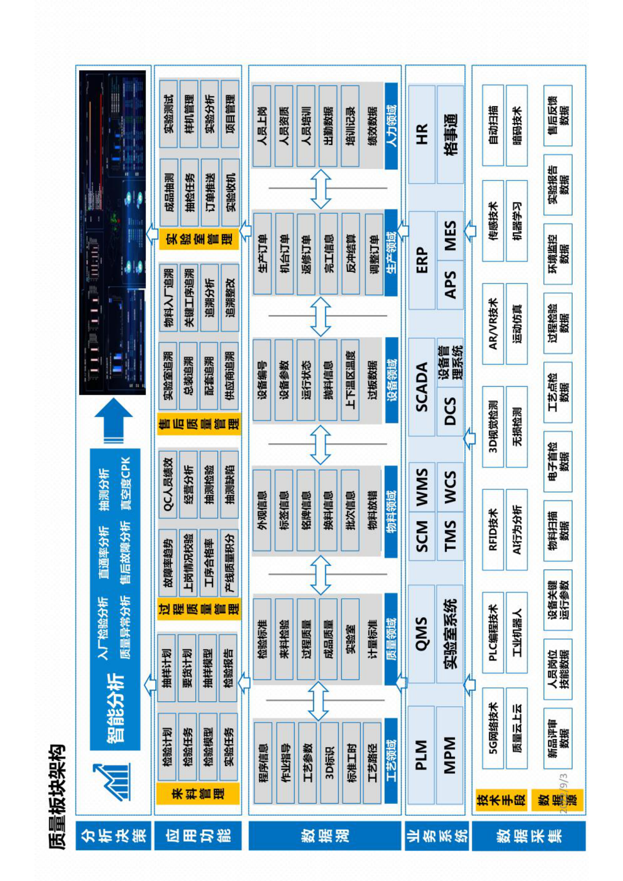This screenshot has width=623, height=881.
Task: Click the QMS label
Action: (421, 633)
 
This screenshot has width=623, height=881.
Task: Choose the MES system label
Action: (450, 236)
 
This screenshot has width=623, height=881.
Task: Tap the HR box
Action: (421, 134)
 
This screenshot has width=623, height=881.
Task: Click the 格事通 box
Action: (450, 134)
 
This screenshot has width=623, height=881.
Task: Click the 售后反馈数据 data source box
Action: (558, 115)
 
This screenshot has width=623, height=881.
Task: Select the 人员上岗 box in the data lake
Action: (262, 126)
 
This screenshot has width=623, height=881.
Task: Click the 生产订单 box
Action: (262, 253)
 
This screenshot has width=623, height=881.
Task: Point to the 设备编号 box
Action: (262, 380)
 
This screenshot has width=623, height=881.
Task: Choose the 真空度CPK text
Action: (126, 483)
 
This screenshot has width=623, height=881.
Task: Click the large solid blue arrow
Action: (114, 420)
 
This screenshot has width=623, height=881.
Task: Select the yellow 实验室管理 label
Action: (199, 238)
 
